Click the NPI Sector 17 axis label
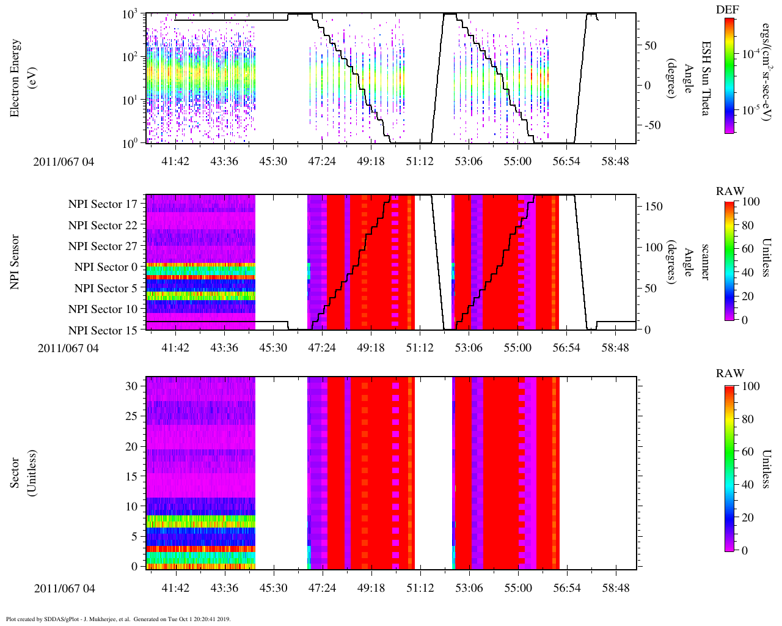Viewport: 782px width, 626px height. coord(103,204)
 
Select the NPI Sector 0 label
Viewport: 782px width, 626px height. coord(106,267)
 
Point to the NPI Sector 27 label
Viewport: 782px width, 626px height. coord(103,246)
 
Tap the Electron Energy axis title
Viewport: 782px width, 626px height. coord(21,78)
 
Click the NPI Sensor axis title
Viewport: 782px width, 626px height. coord(15,262)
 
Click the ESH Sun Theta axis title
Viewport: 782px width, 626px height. coord(706,78)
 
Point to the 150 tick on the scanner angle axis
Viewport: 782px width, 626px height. coord(654,207)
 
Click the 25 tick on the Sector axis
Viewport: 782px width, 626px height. coord(134,417)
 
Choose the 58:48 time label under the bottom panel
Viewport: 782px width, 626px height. coord(615,588)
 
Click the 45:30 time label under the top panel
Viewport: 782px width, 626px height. coord(273,161)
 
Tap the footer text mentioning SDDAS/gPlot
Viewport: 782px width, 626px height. coord(118,619)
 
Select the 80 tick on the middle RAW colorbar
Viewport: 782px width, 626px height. coord(748,226)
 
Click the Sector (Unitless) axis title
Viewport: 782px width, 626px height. coord(21,473)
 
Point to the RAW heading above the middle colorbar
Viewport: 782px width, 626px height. coord(730,191)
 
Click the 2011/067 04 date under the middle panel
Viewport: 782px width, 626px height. coord(68,348)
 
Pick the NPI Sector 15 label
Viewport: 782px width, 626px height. coord(103,331)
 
